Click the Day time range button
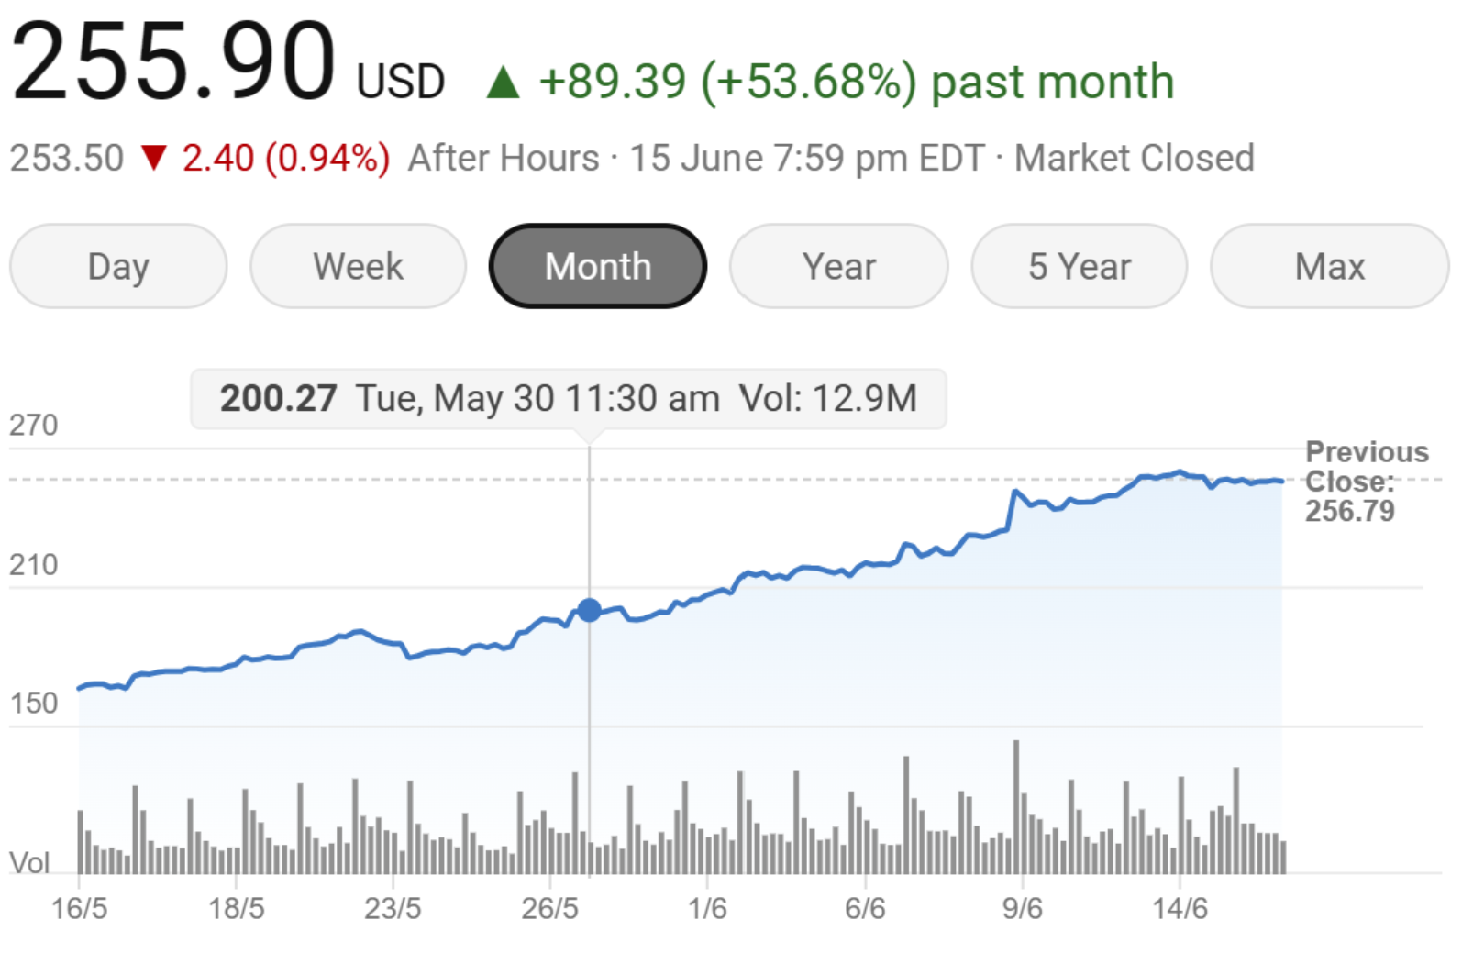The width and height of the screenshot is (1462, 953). point(118,267)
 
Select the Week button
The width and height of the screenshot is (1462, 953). point(358,267)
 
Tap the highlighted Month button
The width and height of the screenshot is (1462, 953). point(598,267)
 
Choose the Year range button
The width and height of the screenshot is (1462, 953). point(838,267)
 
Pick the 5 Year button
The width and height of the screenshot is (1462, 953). point(1079,267)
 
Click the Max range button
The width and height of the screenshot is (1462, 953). point(1329,267)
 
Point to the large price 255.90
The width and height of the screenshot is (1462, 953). point(174,62)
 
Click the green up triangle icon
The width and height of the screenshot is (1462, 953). point(503,83)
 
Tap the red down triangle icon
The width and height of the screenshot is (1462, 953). point(154,158)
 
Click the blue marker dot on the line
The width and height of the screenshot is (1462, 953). point(589,610)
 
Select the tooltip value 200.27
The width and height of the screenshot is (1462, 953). point(278,399)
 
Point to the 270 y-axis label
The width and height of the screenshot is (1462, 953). point(33,426)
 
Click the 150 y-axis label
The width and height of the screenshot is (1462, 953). point(33,704)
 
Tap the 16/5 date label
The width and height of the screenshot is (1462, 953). point(79,909)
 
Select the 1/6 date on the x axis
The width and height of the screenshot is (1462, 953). point(707,909)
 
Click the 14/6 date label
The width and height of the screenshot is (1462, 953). point(1180,909)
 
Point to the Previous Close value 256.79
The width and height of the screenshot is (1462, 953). point(1349,511)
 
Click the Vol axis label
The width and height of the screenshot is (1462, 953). point(29,863)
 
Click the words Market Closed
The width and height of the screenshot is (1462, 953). point(1134,158)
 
